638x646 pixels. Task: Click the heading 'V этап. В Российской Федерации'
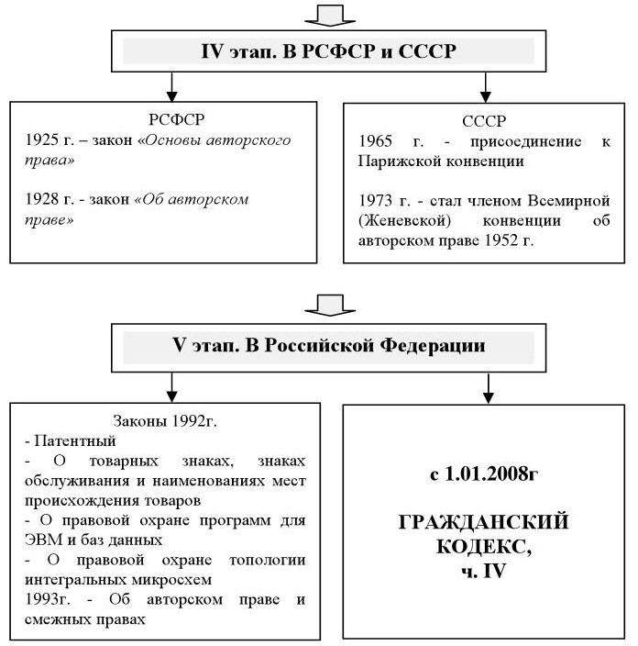coord(329,347)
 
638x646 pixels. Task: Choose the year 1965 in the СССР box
coord(378,141)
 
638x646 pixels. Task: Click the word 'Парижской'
coord(397,161)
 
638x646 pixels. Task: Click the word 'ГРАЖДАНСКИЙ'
coord(485,522)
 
